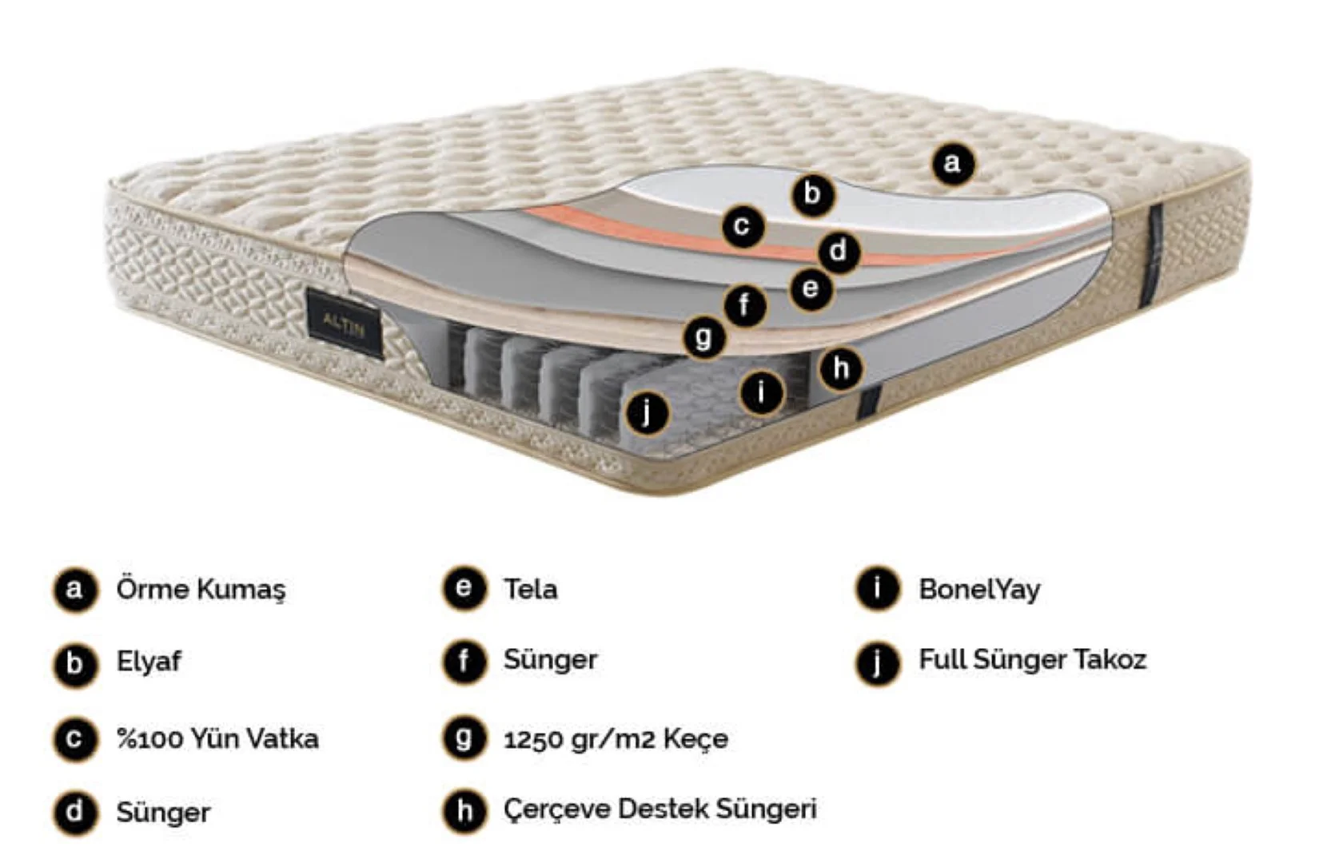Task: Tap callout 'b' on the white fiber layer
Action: tap(812, 193)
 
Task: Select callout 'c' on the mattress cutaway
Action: tap(743, 226)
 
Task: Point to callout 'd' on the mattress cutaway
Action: tap(838, 251)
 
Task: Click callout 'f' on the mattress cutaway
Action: tap(745, 306)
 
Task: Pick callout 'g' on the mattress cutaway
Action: tap(705, 338)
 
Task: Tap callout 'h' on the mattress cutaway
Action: tap(841, 368)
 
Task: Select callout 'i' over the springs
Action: tap(762, 393)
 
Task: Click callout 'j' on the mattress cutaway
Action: tap(648, 413)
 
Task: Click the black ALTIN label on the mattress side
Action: tap(344, 324)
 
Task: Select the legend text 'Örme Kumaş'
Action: tap(201, 590)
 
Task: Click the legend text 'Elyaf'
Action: tap(148, 662)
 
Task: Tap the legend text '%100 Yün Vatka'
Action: tap(217, 739)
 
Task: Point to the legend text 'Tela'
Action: tap(530, 589)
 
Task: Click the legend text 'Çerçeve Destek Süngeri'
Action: tap(660, 810)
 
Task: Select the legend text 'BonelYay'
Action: tap(979, 590)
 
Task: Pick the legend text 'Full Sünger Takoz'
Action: tap(1032, 660)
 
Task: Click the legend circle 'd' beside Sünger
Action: tap(75, 813)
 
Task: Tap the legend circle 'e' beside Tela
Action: tap(464, 588)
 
